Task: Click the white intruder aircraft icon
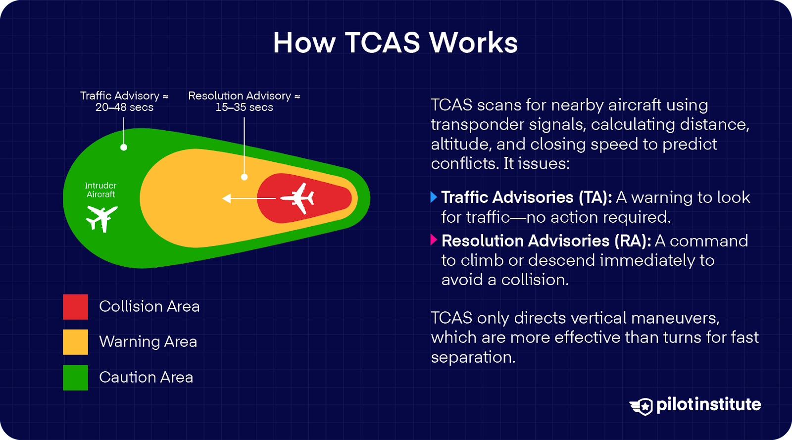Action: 102,218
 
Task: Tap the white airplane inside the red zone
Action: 298,198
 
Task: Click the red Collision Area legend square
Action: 75,307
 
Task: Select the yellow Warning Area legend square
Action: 75,342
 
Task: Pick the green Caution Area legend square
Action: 75,378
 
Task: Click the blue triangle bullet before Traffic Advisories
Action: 434,197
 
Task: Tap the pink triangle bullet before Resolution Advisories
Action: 434,240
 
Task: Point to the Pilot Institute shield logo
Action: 642,406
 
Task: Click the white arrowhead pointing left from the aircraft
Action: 227,198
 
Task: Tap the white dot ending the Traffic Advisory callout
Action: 124,147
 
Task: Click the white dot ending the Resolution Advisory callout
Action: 244,177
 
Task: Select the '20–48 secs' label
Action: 124,107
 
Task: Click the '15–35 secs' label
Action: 244,107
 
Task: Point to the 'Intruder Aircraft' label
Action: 100,190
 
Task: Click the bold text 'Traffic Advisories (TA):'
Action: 527,197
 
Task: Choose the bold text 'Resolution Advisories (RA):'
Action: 546,241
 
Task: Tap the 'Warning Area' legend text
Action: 148,342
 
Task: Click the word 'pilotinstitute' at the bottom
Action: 708,405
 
